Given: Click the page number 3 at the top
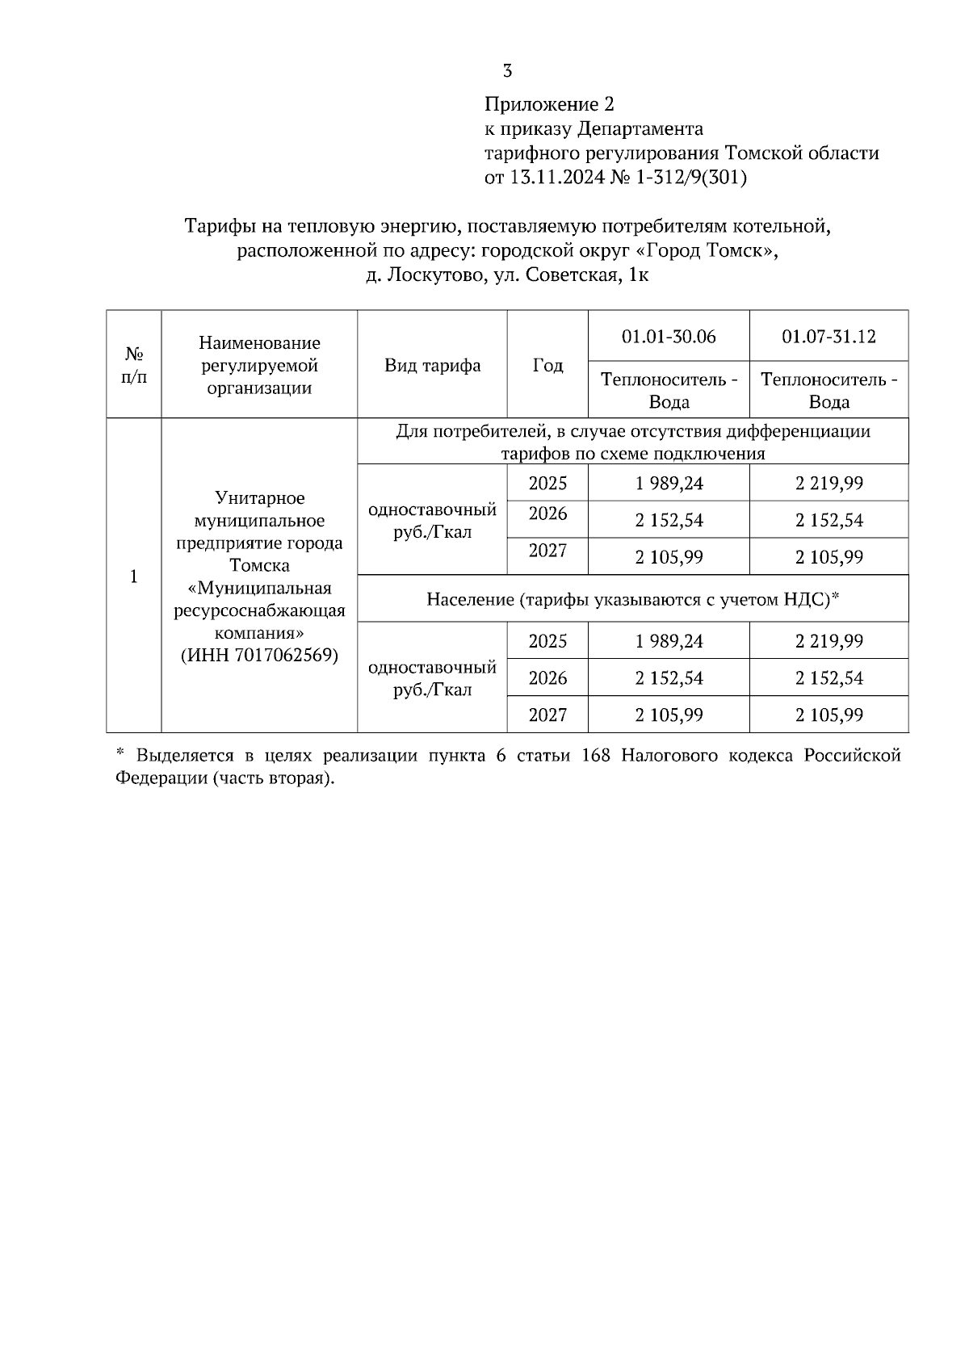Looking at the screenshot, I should pos(507,71).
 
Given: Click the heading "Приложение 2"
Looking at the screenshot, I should pos(549,104).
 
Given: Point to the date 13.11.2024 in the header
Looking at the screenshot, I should pos(556,178).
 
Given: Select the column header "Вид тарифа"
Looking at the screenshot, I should pos(432,365).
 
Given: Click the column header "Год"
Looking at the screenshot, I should pos(547,365).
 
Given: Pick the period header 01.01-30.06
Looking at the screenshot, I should pos(669,336).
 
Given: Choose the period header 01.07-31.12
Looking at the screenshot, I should pos(828,336).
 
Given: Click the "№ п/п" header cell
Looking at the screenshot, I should pos(134,365).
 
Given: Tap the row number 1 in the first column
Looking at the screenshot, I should pos(134,576).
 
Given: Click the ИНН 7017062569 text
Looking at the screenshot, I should pos(259,655).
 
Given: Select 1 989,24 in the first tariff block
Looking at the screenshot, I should pos(669,483).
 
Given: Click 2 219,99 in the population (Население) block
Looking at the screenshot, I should pos(828,641).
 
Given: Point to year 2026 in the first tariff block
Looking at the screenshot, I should pos(547,514).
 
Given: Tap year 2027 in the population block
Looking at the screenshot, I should pos(547,715).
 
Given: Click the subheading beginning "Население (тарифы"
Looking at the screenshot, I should pos(633,599).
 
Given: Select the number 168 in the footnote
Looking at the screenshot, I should pos(598,756).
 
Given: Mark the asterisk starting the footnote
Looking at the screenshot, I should pos(120,753).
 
